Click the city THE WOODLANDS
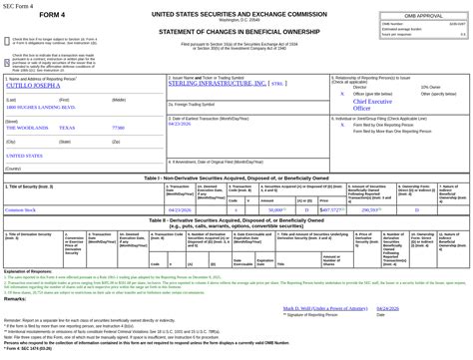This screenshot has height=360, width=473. click(x=27, y=128)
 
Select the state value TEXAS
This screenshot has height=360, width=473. click(x=67, y=128)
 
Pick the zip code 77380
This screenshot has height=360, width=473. click(x=118, y=128)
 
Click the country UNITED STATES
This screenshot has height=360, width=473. click(x=24, y=156)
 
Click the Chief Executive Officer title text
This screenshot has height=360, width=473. click(x=372, y=105)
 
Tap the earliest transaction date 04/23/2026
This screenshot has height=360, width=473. click(x=180, y=124)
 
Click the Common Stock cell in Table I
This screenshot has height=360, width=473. click(x=20, y=210)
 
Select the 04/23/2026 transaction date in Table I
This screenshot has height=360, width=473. click(x=179, y=210)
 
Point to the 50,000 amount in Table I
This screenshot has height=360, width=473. click(x=275, y=210)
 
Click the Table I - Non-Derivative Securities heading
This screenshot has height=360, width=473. click(x=236, y=178)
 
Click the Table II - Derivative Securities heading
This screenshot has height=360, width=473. click(x=236, y=221)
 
